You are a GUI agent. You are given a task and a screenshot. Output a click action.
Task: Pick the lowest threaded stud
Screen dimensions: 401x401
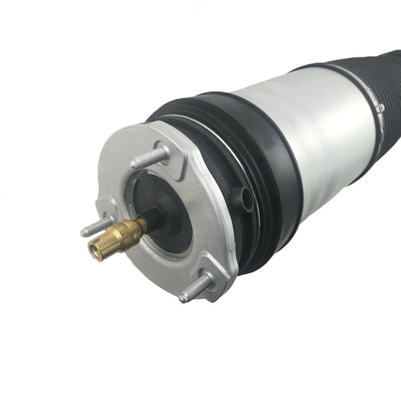(x=196, y=288)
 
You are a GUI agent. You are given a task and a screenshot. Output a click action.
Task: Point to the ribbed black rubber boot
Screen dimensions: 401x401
(x=379, y=89)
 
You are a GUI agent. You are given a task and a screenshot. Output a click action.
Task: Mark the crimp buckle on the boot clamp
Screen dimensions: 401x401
(x=380, y=107)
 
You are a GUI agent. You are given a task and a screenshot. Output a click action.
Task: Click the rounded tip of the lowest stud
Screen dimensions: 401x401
(x=183, y=299)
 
